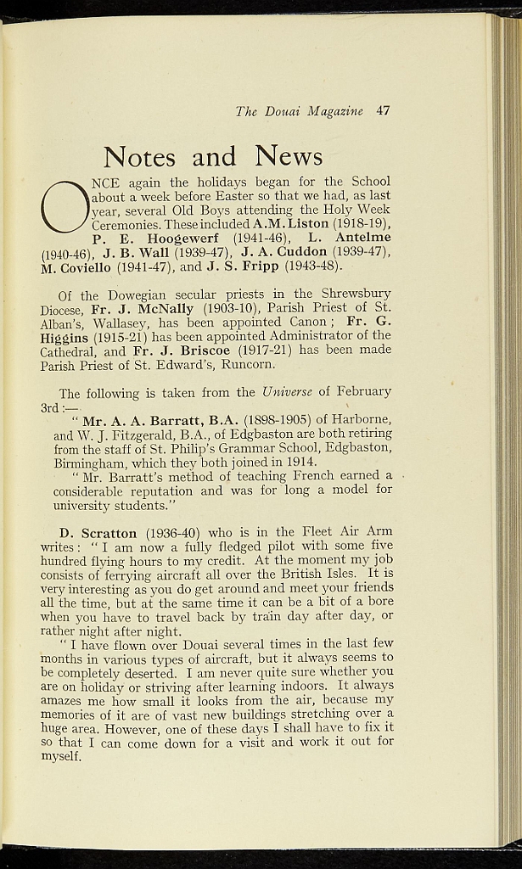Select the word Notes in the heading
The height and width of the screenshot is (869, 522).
pos(139,156)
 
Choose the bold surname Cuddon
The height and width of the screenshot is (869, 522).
pos(297,252)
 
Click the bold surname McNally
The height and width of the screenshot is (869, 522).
pos(162,309)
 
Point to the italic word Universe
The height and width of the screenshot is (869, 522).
pos(287,392)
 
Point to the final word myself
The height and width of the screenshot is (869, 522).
pos(61,757)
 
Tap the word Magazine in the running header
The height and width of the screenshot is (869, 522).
pos(335,111)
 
